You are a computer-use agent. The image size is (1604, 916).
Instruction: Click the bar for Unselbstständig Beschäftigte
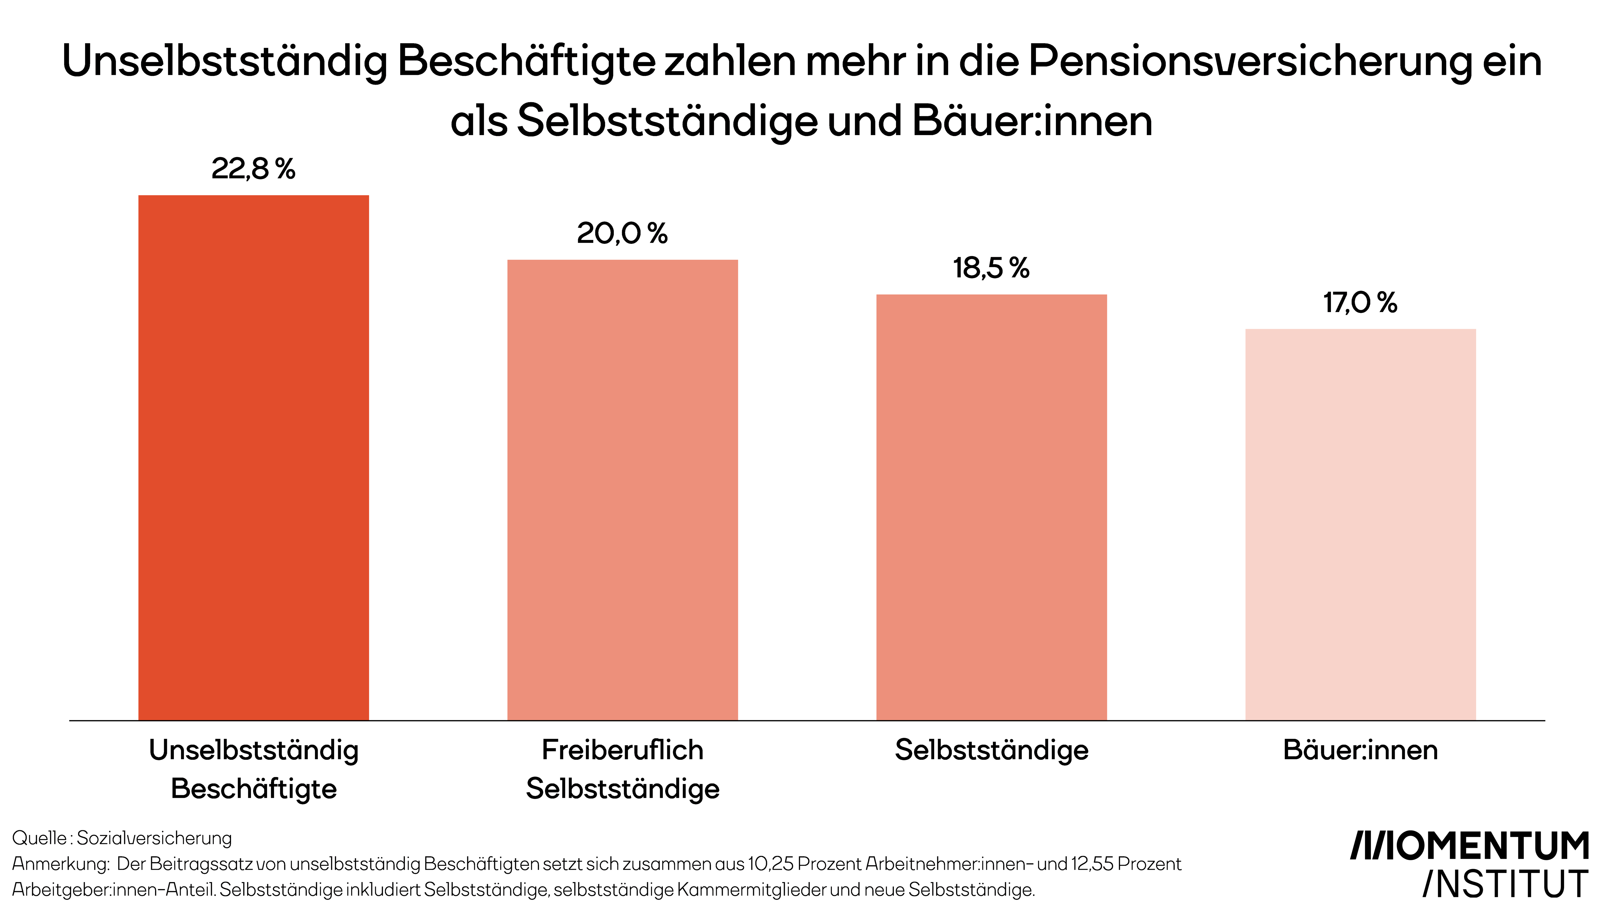[253, 457]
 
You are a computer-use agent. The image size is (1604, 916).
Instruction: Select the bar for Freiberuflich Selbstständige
[623, 490]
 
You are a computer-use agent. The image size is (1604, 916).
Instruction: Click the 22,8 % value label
[253, 169]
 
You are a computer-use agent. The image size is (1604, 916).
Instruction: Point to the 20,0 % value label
[623, 234]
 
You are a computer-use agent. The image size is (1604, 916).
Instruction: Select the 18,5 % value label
[992, 268]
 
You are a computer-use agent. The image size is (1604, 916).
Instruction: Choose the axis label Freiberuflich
[623, 750]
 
